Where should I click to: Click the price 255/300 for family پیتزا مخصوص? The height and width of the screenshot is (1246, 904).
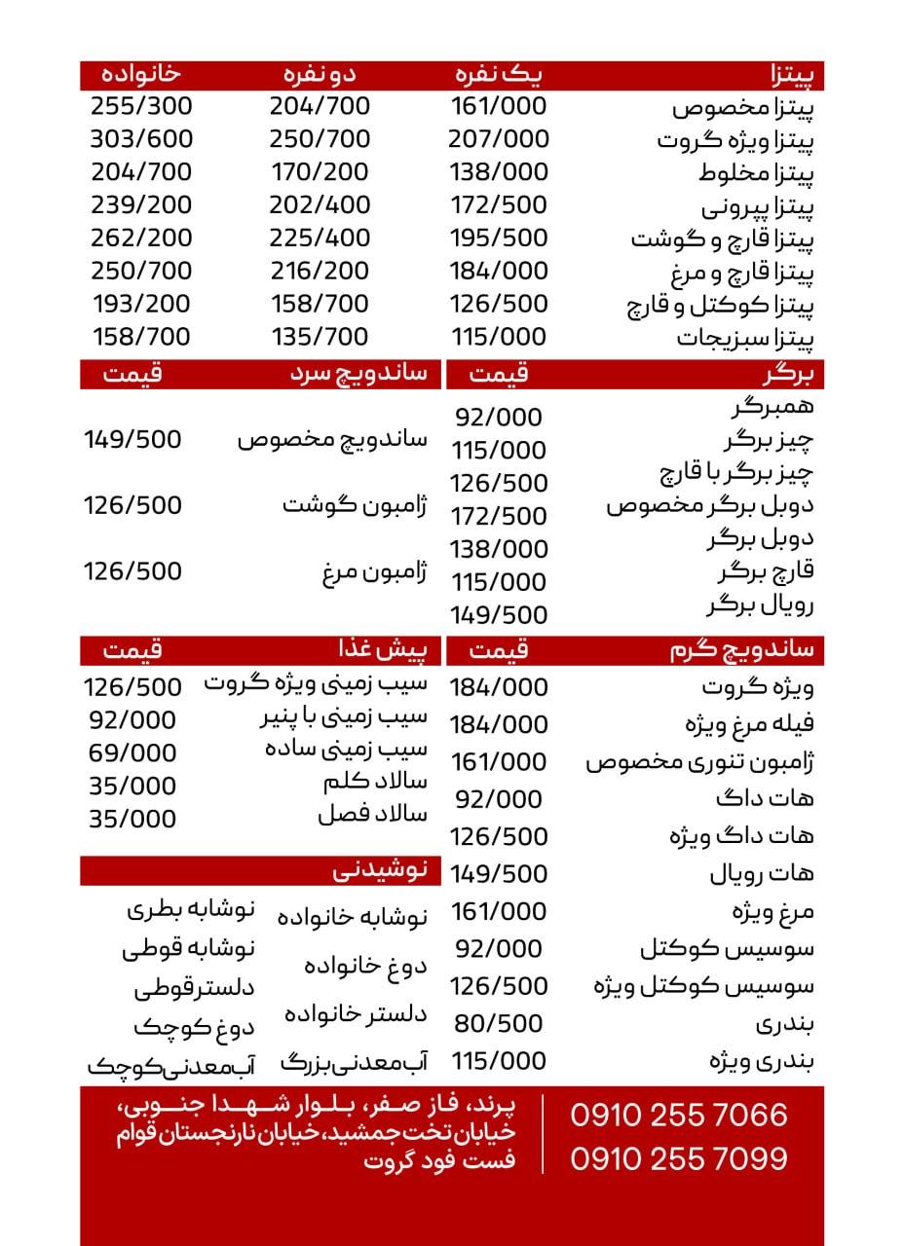pyautogui.click(x=141, y=106)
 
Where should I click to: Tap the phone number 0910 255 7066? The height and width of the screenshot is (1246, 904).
pyautogui.click(x=679, y=1115)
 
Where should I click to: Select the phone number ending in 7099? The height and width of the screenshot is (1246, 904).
pyautogui.click(x=679, y=1158)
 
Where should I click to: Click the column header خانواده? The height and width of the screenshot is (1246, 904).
pyautogui.click(x=142, y=74)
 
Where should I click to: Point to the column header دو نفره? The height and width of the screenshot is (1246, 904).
pyautogui.click(x=320, y=74)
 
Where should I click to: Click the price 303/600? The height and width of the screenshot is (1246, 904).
pyautogui.click(x=141, y=139)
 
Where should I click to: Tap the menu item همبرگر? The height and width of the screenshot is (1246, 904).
pyautogui.click(x=771, y=406)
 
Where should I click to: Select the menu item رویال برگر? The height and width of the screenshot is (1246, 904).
pyautogui.click(x=760, y=605)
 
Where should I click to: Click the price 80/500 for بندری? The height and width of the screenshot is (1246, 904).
pyautogui.click(x=499, y=1023)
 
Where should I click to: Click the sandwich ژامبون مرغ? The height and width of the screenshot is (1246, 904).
pyautogui.click(x=374, y=571)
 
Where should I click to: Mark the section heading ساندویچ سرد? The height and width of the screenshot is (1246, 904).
pyautogui.click(x=358, y=375)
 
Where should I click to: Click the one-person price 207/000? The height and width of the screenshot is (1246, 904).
pyautogui.click(x=499, y=139)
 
